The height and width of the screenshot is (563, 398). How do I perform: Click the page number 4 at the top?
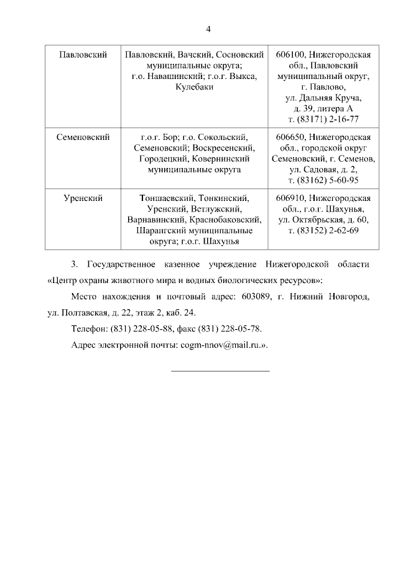208,29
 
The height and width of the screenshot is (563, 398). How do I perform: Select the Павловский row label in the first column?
83,55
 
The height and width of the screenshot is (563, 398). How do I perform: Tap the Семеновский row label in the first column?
83,137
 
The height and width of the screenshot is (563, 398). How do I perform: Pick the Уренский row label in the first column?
83,198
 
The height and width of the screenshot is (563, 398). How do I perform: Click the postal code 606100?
289,55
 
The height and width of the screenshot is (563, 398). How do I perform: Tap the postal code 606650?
289,137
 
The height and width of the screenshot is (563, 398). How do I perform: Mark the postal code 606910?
289,198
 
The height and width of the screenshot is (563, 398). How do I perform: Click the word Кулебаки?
195,87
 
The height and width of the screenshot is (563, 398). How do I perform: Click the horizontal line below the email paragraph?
220,371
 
